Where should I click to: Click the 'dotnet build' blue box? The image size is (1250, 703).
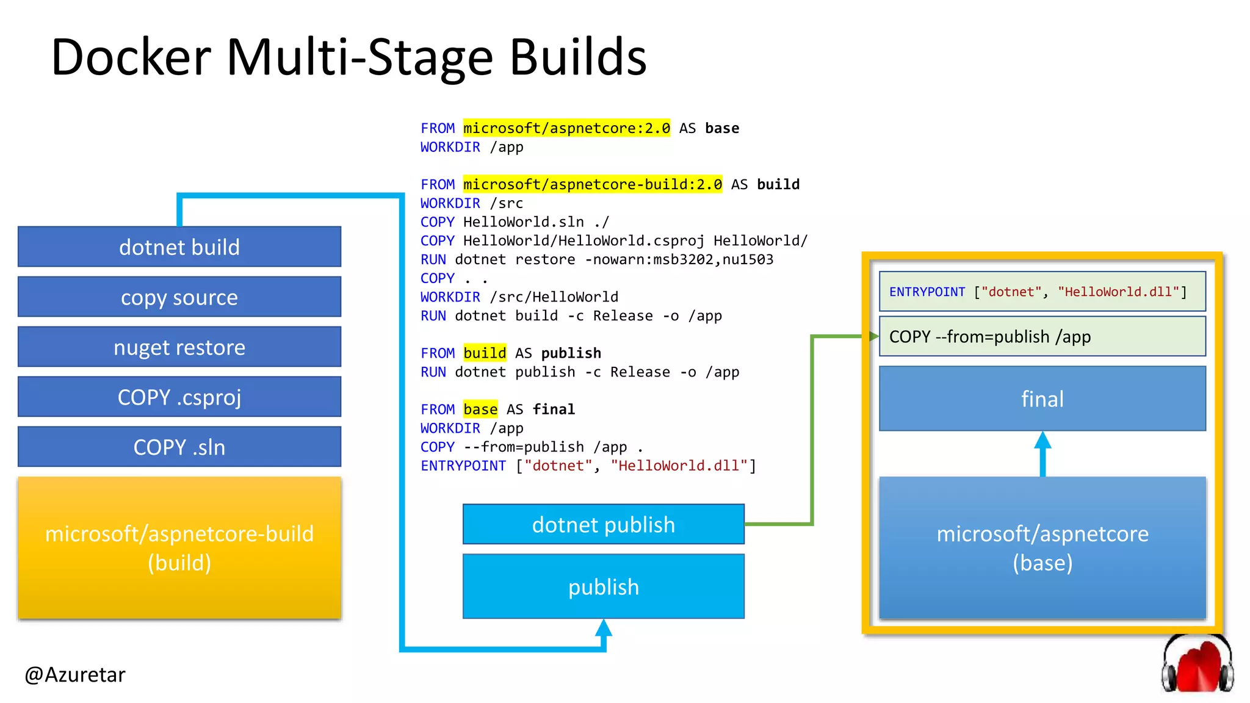click(179, 247)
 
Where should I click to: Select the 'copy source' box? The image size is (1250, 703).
click(179, 297)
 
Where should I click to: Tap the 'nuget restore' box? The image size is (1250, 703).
click(179, 347)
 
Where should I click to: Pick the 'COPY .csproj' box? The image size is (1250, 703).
click(179, 397)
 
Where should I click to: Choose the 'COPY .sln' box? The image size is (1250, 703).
click(179, 447)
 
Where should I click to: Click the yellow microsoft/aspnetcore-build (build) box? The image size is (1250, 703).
click(179, 548)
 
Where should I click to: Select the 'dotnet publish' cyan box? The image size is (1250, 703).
click(603, 524)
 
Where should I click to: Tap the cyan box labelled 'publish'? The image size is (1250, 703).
click(603, 586)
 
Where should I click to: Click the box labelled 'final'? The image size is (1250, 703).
click(1042, 398)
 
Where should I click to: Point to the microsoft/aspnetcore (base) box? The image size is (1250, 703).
click(1042, 548)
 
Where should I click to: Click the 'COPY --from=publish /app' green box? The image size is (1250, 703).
click(1042, 336)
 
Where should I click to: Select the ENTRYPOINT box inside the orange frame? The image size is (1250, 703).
click(1042, 292)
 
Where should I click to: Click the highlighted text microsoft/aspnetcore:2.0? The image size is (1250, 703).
click(566, 128)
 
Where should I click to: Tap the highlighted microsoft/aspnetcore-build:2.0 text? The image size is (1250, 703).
click(592, 184)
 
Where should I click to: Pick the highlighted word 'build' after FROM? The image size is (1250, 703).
click(485, 353)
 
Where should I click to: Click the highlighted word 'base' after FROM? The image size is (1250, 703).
click(480, 409)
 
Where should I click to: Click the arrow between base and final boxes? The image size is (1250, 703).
click(1042, 452)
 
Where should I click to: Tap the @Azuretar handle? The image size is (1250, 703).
click(75, 675)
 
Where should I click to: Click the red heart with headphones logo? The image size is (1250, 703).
click(1197, 665)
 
